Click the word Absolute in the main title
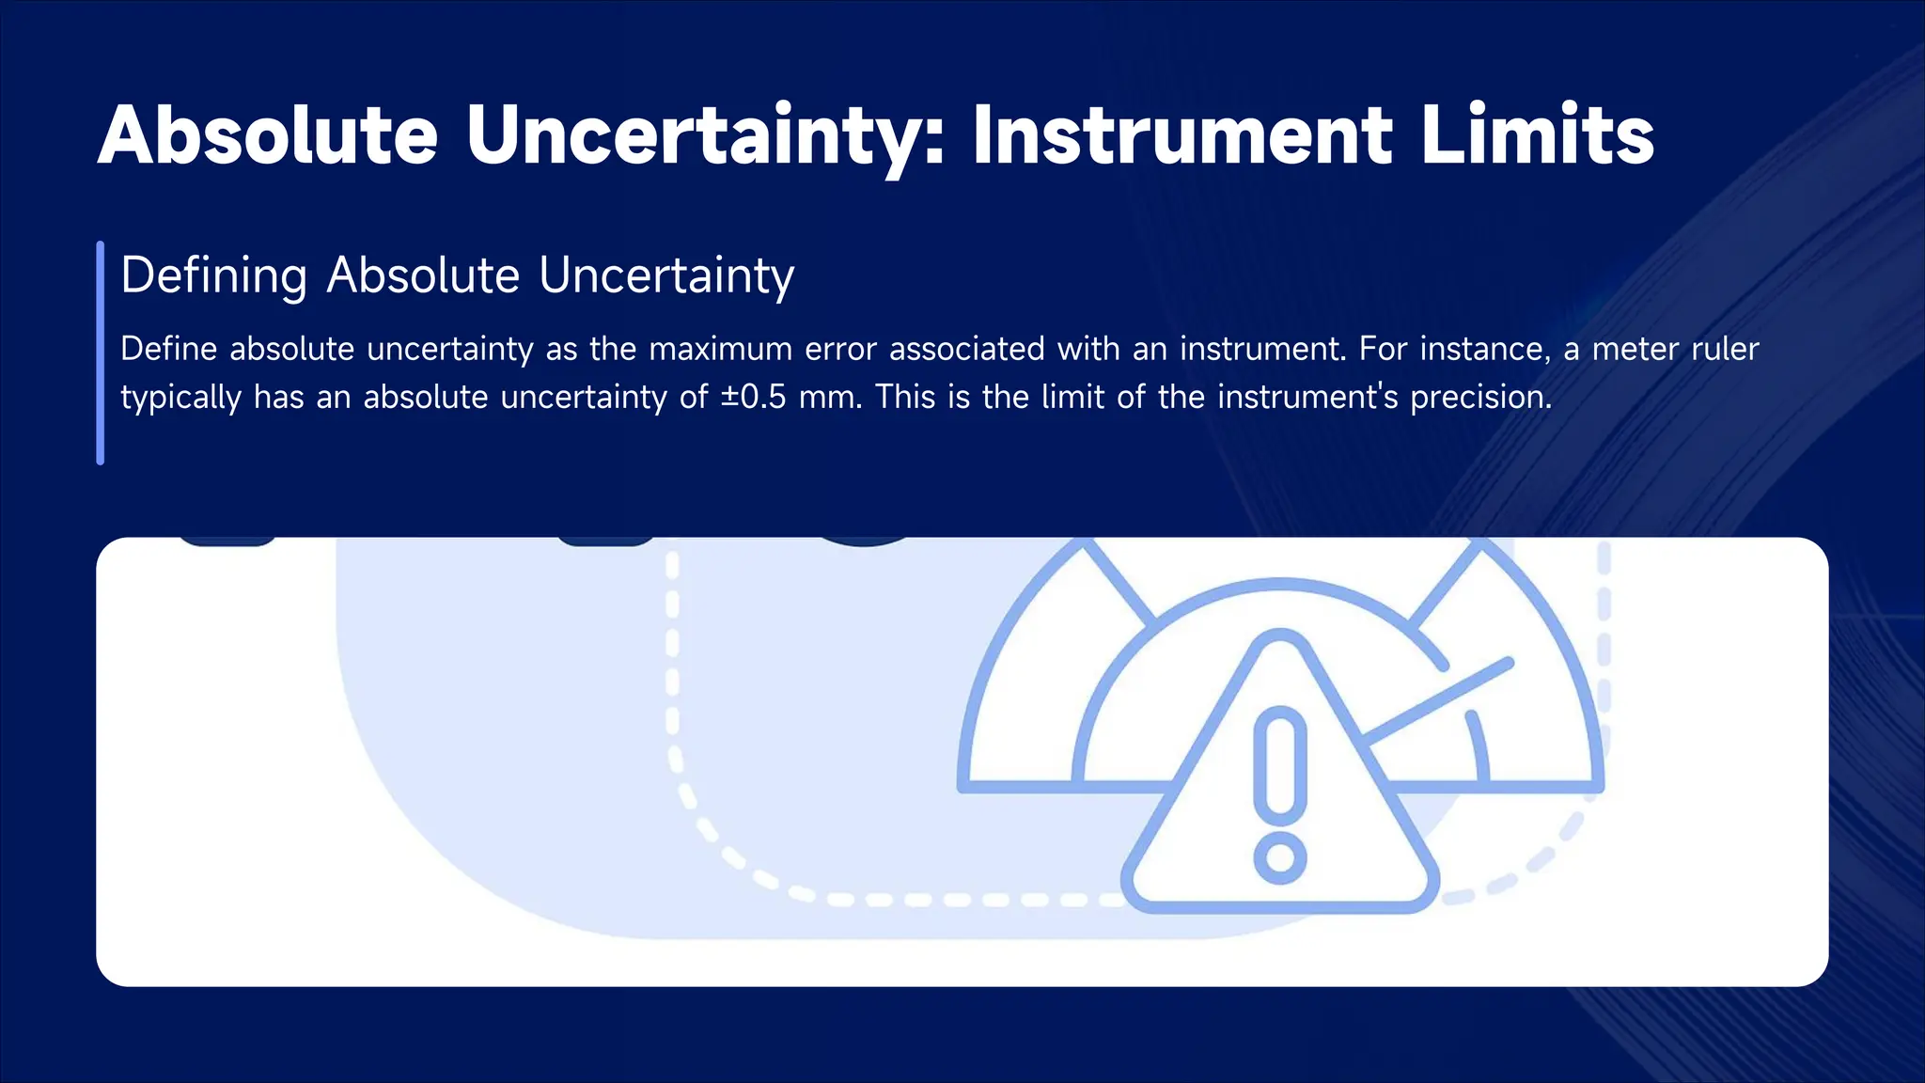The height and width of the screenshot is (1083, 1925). pyautogui.click(x=268, y=135)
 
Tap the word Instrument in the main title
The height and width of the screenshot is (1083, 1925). pyautogui.click(x=1182, y=135)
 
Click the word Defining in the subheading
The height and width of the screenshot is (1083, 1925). pyautogui.click(x=214, y=275)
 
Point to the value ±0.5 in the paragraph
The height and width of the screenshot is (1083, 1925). pyautogui.click(x=754, y=397)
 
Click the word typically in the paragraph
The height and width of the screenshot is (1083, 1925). pyautogui.click(x=180, y=397)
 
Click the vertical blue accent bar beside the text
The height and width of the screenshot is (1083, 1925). pyautogui.click(x=101, y=353)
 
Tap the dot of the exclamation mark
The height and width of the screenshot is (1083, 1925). pyautogui.click(x=1280, y=857)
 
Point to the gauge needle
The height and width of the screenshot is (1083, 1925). pyautogui.click(x=1438, y=700)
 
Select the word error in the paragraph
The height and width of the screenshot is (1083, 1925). pyautogui.click(x=837, y=349)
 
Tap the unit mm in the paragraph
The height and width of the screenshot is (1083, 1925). pyautogui.click(x=829, y=397)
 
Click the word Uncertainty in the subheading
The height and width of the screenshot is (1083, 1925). pyautogui.click(x=666, y=275)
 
